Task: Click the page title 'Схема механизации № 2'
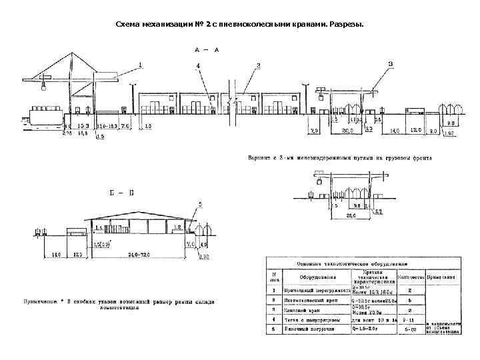click(240, 25)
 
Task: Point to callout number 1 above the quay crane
click(141, 65)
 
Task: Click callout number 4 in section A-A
click(198, 66)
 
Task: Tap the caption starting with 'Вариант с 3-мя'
click(340, 159)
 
